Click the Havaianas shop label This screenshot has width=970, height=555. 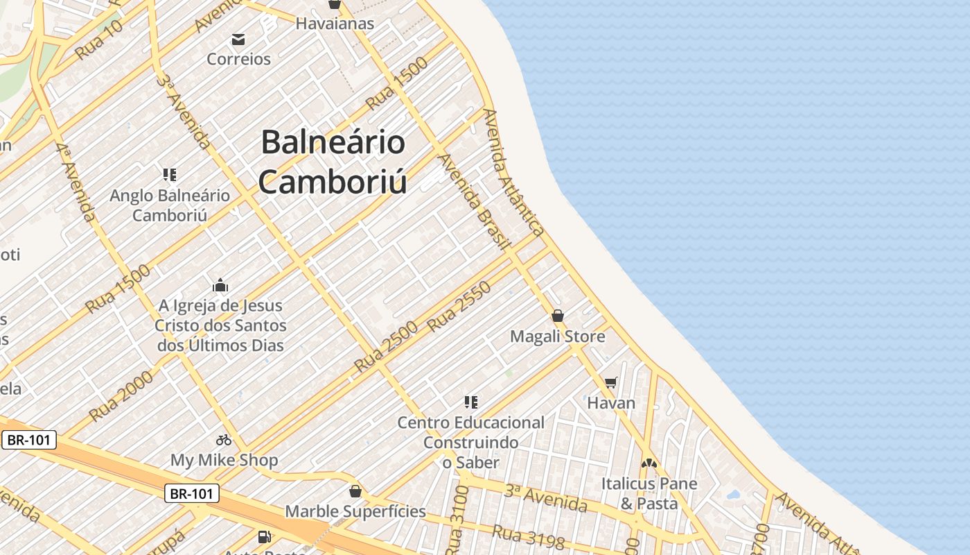335,24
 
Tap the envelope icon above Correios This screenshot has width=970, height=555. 238,39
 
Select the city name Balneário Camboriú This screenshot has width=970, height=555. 333,162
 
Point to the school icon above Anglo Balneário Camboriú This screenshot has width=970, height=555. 169,174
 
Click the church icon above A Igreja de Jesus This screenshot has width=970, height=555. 220,285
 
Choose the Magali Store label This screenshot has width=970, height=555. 557,336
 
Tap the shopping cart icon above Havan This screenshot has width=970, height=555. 610,382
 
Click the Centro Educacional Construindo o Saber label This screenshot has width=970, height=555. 471,442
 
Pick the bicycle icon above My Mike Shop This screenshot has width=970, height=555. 224,439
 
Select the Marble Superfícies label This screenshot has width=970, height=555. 355,512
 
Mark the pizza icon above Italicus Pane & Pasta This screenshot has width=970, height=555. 649,463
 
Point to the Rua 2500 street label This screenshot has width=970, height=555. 386,346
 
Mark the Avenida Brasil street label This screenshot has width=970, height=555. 475,201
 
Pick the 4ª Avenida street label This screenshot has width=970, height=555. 76,182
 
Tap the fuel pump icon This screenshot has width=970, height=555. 264,536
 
